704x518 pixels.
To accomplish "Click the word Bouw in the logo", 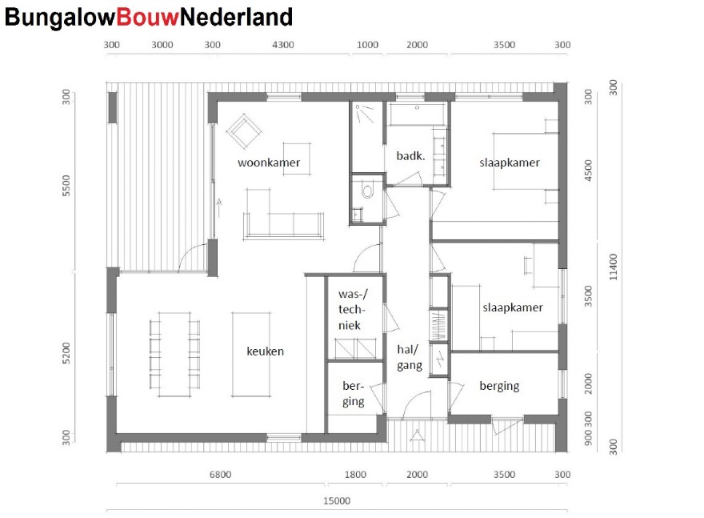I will (147, 17).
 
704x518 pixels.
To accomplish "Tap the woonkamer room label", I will (269, 163).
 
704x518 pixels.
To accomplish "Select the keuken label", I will (266, 351).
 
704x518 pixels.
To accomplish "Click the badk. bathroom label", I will (410, 155).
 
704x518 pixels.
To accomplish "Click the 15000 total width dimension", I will (336, 502).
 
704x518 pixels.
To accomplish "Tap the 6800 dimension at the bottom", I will (220, 475).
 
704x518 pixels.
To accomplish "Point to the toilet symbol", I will (367, 191).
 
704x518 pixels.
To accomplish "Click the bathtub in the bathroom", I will (417, 114).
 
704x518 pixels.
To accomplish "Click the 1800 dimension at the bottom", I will (354, 475).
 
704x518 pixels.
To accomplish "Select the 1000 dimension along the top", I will (367, 45).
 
